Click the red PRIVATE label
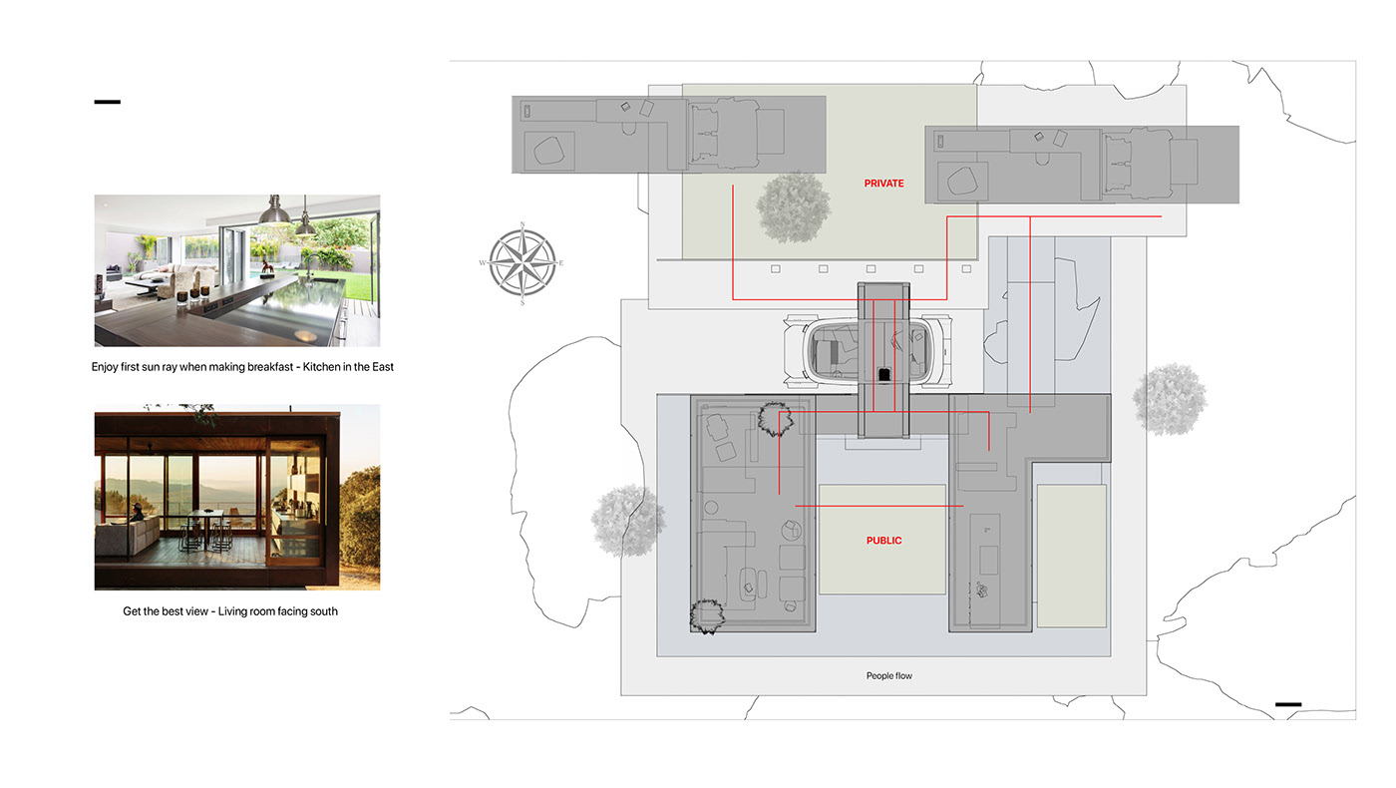click(x=883, y=184)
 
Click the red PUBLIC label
click(x=883, y=541)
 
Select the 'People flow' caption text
click(x=888, y=676)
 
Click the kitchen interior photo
click(x=237, y=270)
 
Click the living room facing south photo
click(x=237, y=497)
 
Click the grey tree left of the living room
click(x=627, y=520)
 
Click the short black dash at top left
click(x=107, y=102)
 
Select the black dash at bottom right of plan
click(x=1287, y=705)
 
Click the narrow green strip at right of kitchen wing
click(x=1071, y=556)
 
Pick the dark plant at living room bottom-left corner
click(x=706, y=614)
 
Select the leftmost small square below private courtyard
click(x=775, y=268)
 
